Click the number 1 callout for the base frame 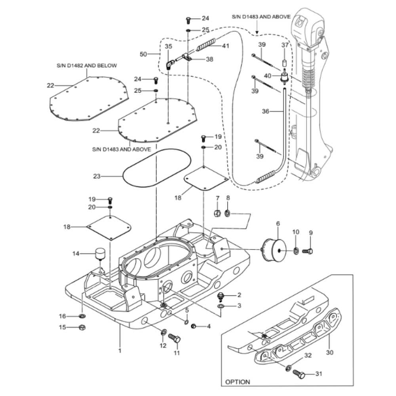120,350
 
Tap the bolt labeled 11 174,338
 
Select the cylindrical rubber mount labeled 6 274,250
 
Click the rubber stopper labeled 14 100,254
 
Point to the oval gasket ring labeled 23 124,176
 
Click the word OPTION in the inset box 237,382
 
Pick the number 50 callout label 143,54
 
